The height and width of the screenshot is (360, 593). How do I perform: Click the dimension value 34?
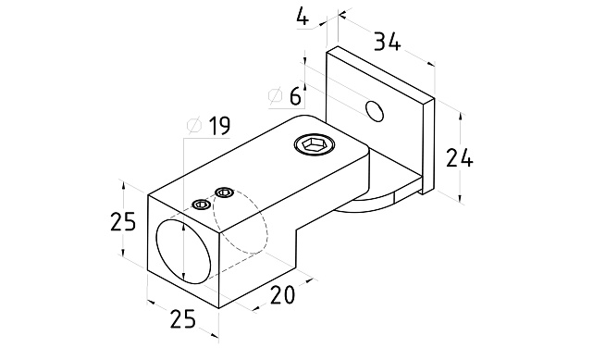(387, 42)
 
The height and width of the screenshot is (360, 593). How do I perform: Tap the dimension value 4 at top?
(303, 17)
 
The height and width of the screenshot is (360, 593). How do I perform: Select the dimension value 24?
(460, 158)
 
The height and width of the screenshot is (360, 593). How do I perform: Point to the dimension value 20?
(282, 295)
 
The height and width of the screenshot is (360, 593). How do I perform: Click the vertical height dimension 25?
(123, 222)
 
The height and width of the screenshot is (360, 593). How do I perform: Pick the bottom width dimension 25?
(183, 318)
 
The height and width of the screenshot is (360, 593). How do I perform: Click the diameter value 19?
(219, 126)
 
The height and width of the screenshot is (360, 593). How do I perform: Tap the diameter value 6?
(295, 96)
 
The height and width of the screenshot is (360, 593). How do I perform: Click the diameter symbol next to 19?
(195, 126)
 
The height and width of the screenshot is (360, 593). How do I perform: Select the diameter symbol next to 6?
(276, 96)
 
